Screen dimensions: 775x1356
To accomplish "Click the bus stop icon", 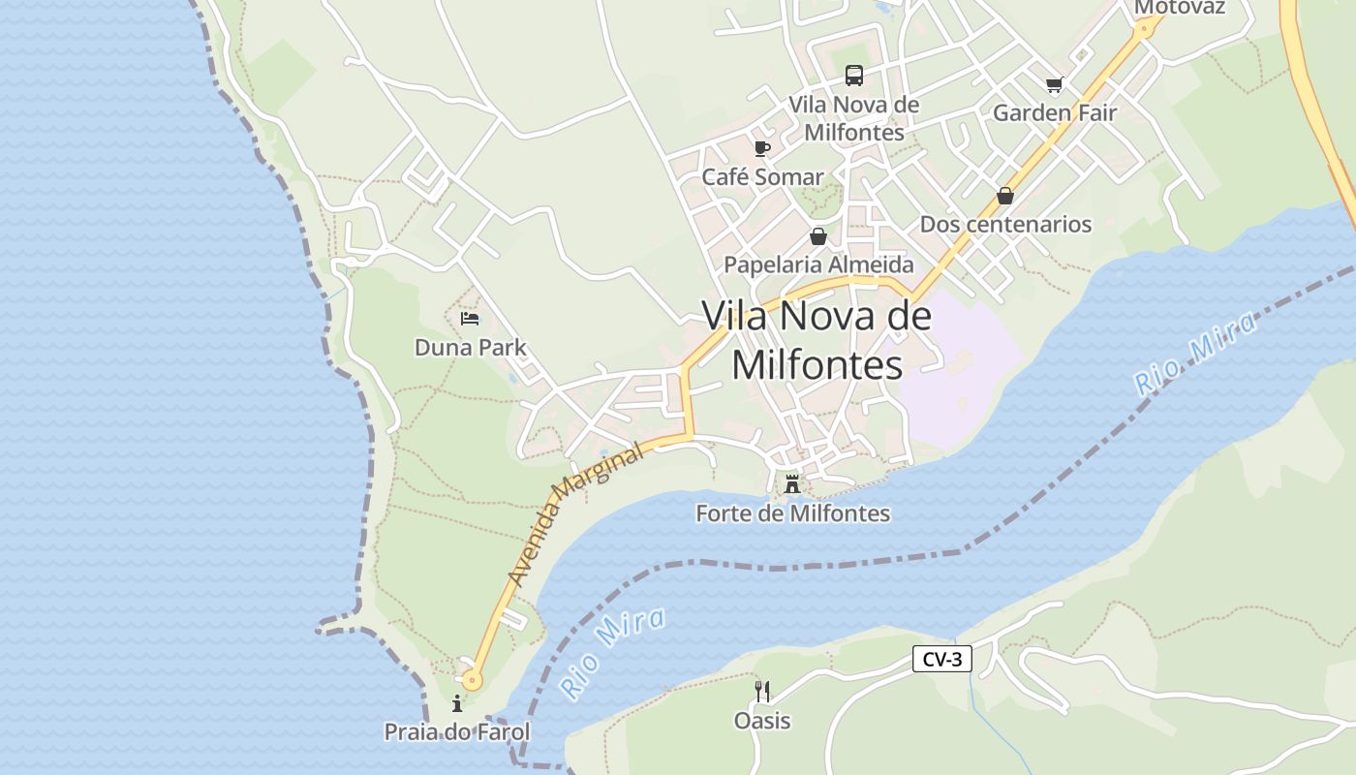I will pyautogui.click(x=853, y=75).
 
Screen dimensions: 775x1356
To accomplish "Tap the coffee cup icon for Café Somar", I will pyautogui.click(x=762, y=148).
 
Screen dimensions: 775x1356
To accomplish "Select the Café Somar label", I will pyautogui.click(x=762, y=177).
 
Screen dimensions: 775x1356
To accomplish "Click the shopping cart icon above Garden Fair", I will pyautogui.click(x=1055, y=85).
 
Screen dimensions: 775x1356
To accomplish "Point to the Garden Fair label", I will pyautogui.click(x=1055, y=112).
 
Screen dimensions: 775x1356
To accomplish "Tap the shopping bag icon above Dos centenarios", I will pyautogui.click(x=1005, y=196).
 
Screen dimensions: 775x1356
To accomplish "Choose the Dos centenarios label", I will pyautogui.click(x=1005, y=224).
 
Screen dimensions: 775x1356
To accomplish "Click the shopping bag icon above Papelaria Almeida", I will pyautogui.click(x=818, y=236).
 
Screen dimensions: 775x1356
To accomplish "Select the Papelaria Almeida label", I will pyautogui.click(x=818, y=264).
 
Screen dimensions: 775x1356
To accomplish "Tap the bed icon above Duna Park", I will pyautogui.click(x=470, y=318).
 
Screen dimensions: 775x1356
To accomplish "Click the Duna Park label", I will pyautogui.click(x=470, y=347).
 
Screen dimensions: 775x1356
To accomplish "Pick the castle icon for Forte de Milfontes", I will pyautogui.click(x=792, y=484).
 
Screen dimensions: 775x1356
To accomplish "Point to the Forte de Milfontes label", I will pyautogui.click(x=792, y=513).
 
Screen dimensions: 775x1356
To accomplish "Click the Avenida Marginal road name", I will pyautogui.click(x=574, y=515).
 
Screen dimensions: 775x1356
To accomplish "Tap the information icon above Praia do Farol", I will pyautogui.click(x=457, y=703).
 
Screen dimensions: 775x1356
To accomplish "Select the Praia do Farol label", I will pyautogui.click(x=457, y=731).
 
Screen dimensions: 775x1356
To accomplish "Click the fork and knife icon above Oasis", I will pyautogui.click(x=762, y=691).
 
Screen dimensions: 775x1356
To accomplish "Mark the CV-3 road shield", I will pyautogui.click(x=941, y=660).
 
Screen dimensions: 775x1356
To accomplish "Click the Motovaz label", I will pyautogui.click(x=1179, y=8).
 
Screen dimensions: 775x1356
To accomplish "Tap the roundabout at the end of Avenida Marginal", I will pyautogui.click(x=472, y=680).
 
